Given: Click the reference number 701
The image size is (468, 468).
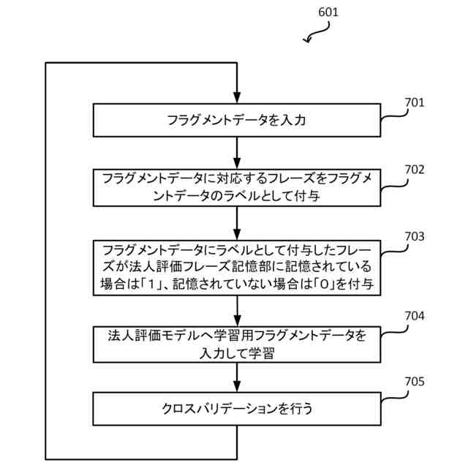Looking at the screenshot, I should [415, 102].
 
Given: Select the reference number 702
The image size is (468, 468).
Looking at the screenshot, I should [415, 169].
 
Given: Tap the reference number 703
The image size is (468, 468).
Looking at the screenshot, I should [415, 237].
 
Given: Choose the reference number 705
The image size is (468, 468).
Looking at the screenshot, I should [415, 382].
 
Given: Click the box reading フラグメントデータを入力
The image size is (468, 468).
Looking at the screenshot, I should [237, 119].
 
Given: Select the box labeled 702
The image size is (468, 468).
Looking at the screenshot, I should [237, 187].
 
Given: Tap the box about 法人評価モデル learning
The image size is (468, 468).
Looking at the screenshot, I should [237, 344].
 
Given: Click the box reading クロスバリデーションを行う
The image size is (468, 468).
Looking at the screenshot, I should [237, 409].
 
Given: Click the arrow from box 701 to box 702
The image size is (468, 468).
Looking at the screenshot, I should [237, 153].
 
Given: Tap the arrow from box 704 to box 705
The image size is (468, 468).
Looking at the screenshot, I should [237, 377].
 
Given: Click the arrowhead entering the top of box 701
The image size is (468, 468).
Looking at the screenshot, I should [237, 97].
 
